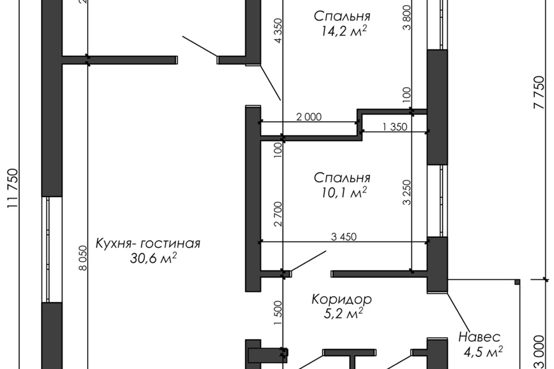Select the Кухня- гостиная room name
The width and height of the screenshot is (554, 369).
click(148, 244)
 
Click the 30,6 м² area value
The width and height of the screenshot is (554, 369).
click(154, 258)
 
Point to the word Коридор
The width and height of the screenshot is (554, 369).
click(342, 299)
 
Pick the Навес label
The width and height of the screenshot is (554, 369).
click(480, 337)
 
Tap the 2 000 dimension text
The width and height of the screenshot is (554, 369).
click(309, 117)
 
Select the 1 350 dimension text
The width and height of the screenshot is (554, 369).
click(395, 127)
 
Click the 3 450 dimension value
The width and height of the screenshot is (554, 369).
click(344, 236)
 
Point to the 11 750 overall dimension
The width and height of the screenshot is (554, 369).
click(12, 188)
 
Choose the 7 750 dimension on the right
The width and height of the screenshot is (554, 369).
click(540, 92)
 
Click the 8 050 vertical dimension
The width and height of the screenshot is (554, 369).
click(83, 258)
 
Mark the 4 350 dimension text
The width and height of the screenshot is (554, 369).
click(278, 31)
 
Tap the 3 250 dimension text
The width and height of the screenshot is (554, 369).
click(407, 193)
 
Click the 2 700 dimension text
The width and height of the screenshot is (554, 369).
click(278, 214)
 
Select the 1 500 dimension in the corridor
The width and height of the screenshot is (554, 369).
click(278, 314)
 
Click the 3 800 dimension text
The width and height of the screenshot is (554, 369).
click(407, 18)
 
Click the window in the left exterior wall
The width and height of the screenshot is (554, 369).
click(52, 250)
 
